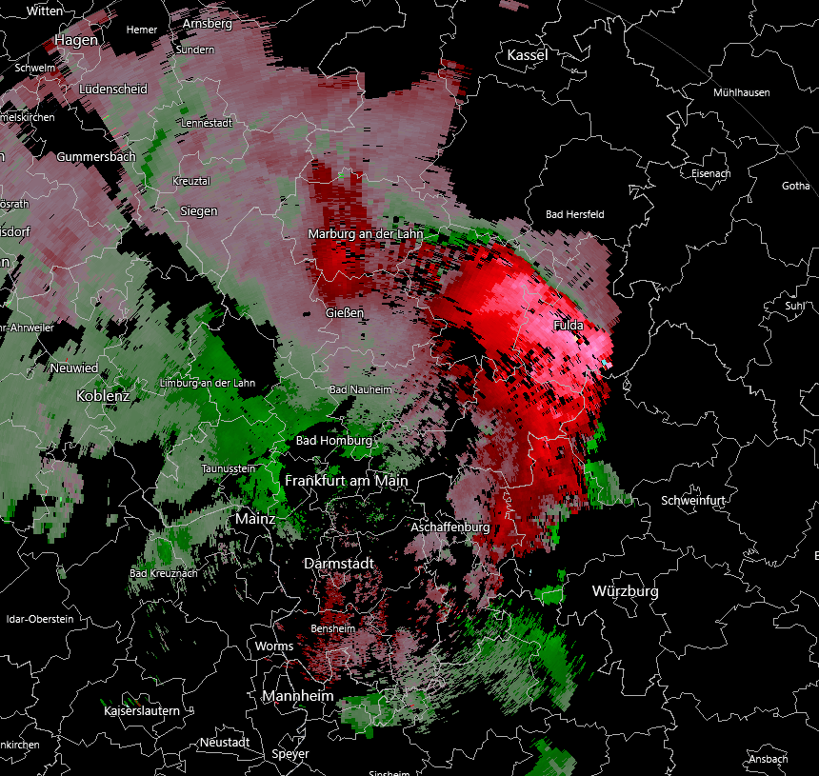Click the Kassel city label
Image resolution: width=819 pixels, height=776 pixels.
[x=527, y=55]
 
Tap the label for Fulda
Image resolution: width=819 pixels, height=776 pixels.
[x=569, y=326]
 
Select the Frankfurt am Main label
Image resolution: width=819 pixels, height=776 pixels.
[x=346, y=481]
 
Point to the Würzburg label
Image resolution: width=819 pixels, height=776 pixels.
[x=625, y=591]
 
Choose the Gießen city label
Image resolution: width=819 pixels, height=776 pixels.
[x=344, y=312]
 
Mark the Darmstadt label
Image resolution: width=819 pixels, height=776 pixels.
[x=338, y=564]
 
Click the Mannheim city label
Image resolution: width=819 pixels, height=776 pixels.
[x=298, y=696]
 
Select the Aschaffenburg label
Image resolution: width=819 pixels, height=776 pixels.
[x=449, y=527]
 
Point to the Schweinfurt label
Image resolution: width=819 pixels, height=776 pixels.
[x=693, y=501]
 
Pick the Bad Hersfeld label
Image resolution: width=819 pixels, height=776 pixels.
[x=574, y=214]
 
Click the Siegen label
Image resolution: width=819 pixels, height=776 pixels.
[x=198, y=211]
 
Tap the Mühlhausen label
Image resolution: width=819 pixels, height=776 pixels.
[x=741, y=92]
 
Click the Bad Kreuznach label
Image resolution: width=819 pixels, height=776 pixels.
[x=163, y=573]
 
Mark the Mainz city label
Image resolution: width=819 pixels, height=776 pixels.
[x=255, y=519]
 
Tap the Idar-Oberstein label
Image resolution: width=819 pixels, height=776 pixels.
[x=40, y=619]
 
